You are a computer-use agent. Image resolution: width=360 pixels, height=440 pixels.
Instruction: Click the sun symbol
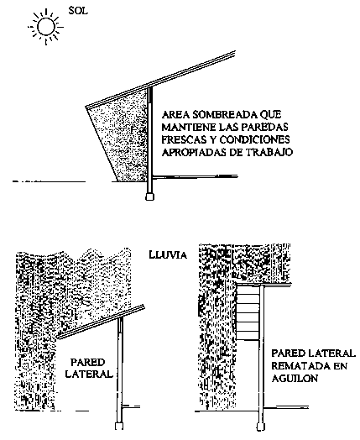coord(45,27)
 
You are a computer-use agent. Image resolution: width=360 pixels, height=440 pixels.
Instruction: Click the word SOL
coord(78,11)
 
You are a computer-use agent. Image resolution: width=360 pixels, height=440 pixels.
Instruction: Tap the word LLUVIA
coord(168,254)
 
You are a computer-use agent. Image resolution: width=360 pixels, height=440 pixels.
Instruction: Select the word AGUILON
coord(295,379)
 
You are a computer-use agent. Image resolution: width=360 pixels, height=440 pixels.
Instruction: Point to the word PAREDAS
coord(264,127)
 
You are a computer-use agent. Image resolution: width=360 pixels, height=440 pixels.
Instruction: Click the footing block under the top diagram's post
coord(149,196)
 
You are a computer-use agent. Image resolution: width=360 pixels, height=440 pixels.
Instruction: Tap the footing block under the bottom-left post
coord(119,427)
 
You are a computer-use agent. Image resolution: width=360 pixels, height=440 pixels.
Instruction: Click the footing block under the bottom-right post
coord(261,427)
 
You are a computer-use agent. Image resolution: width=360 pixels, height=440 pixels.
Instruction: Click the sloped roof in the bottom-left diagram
coord(101,322)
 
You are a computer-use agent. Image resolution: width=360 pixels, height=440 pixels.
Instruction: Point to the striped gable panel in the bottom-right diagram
coord(248,312)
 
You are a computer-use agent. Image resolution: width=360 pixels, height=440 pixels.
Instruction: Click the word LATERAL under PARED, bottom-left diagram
coord(89,374)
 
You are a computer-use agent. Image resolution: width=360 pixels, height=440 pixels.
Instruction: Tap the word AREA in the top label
coord(175,114)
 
